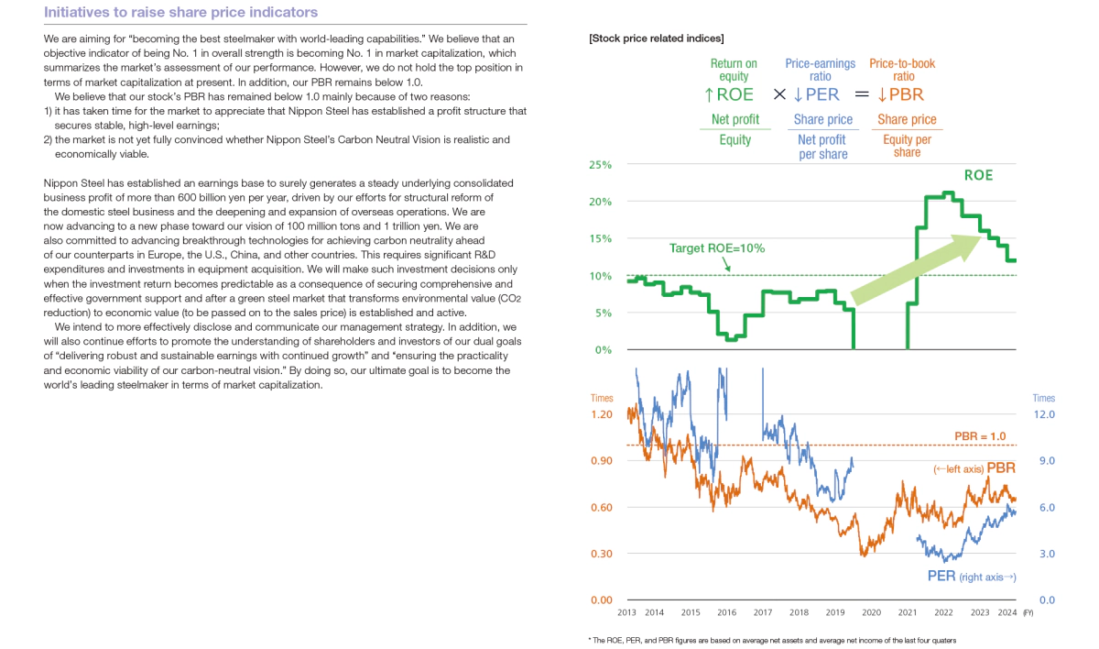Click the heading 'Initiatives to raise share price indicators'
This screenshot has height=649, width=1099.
[180, 13]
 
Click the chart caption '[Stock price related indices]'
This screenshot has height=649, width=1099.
[657, 38]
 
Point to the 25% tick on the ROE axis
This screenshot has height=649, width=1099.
[601, 165]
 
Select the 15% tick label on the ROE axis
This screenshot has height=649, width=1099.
[601, 239]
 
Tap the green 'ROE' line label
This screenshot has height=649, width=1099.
[978, 174]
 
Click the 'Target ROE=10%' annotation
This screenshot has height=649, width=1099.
[716, 248]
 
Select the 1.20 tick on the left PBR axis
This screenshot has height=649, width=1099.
[601, 414]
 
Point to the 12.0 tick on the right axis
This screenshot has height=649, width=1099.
[1044, 414]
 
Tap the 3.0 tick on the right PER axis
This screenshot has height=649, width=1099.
[1044, 554]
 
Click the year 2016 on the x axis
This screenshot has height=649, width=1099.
[726, 612]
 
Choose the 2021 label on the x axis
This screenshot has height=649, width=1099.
[907, 612]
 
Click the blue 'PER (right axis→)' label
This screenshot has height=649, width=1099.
[971, 577]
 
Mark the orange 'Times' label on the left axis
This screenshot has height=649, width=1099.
[602, 399]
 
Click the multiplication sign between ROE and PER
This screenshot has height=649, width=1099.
[779, 94]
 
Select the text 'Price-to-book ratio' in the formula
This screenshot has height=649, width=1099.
[902, 71]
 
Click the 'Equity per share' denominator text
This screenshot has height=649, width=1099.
[907, 146]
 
